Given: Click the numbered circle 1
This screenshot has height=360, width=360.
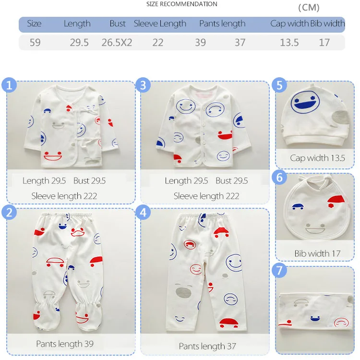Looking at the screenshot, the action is pyautogui.click(x=9, y=85).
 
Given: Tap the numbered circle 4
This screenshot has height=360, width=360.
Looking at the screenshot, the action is pyautogui.click(x=143, y=212).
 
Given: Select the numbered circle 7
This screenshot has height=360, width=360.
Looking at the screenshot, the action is pyautogui.click(x=279, y=270).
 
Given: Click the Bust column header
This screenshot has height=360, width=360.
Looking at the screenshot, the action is pyautogui.click(x=118, y=24).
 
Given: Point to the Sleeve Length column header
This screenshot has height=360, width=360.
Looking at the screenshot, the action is pyautogui.click(x=160, y=24).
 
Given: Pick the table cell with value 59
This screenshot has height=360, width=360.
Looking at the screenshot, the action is pyautogui.click(x=35, y=42).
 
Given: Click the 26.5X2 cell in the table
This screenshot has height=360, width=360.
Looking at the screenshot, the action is pyautogui.click(x=117, y=42).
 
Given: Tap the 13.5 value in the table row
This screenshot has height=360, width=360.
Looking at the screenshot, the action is pyautogui.click(x=289, y=42).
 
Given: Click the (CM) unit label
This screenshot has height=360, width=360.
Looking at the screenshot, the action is pyautogui.click(x=309, y=8).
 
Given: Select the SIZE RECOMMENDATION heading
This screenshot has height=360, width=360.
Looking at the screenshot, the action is pyautogui.click(x=181, y=4).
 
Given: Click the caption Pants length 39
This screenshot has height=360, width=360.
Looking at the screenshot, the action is pyautogui.click(x=65, y=344).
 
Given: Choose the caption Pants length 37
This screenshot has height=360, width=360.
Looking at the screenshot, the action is pyautogui.click(x=207, y=346).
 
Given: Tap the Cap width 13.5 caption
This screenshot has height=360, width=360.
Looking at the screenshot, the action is pyautogui.click(x=317, y=158).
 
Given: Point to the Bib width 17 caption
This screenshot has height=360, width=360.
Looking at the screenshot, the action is pyautogui.click(x=317, y=253).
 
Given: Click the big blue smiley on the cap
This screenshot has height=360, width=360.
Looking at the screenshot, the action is pyautogui.click(x=305, y=102).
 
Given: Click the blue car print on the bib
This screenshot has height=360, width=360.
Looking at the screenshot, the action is pyautogui.click(x=298, y=206).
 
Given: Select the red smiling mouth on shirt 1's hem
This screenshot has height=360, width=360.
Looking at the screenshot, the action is pyautogui.click(x=53, y=156).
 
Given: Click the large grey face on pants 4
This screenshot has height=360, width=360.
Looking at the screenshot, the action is pyautogui.click(x=183, y=291).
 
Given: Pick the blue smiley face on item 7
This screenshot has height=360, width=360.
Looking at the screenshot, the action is pyautogui.click(x=315, y=318).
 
